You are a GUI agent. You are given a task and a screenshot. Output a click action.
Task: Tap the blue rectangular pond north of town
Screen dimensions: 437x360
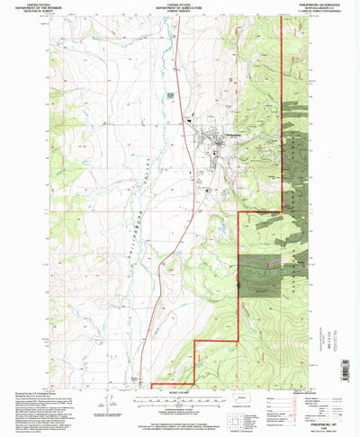pyautogui.click(x=168, y=94)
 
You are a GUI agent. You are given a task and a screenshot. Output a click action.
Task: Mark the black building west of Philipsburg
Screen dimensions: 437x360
pyautogui.click(x=190, y=120)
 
